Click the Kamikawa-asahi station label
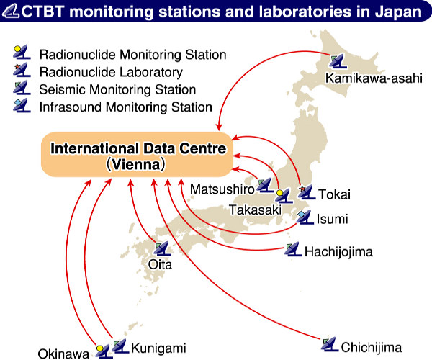(374, 78)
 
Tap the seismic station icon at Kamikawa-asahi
(338, 61)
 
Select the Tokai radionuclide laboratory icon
(307, 192)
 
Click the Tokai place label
(335, 194)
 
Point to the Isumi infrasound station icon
(305, 217)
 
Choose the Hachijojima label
(338, 252)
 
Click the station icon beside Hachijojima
(293, 249)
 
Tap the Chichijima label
(371, 347)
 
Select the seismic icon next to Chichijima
(330, 344)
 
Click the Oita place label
(160, 265)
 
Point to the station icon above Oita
(163, 248)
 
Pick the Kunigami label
(158, 348)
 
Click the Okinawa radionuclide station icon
(104, 351)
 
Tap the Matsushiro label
(222, 189)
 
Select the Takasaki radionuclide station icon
(284, 196)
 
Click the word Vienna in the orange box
(136, 164)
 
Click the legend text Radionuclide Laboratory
(111, 72)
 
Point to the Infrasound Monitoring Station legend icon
(22, 105)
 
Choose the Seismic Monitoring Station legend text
(117, 90)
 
